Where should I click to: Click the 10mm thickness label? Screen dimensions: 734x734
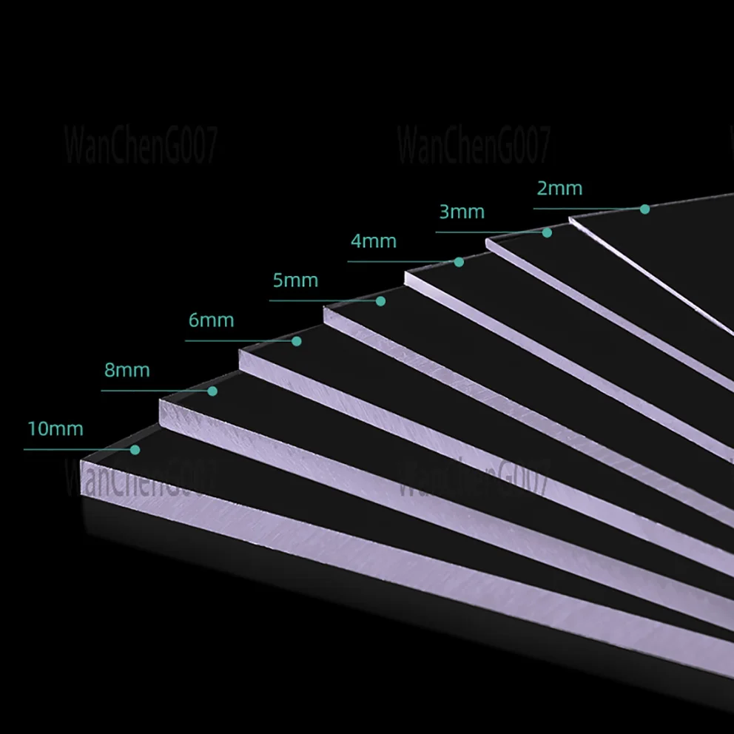coord(55,429)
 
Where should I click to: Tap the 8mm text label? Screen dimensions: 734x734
coord(127,370)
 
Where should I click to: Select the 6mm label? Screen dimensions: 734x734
coord(211,320)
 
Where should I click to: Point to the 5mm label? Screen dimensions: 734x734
coord(295,280)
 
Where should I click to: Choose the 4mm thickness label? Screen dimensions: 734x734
coord(374,241)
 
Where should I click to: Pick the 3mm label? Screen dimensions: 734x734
coord(462,212)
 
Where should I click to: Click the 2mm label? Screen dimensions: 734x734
coord(559,188)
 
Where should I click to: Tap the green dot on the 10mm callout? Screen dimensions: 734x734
coord(135,449)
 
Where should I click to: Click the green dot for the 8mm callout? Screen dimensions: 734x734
coord(212,391)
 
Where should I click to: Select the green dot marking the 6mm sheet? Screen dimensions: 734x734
coord(296,341)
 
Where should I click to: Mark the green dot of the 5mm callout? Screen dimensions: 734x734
coord(380,301)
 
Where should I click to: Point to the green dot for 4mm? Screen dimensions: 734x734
coord(459,262)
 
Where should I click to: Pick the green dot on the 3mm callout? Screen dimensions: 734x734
coord(547,232)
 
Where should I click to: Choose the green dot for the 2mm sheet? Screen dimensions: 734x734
coord(644,209)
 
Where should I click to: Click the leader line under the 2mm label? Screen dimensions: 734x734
coord(589,209)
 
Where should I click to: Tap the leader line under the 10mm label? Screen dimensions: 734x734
coord(79,449)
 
